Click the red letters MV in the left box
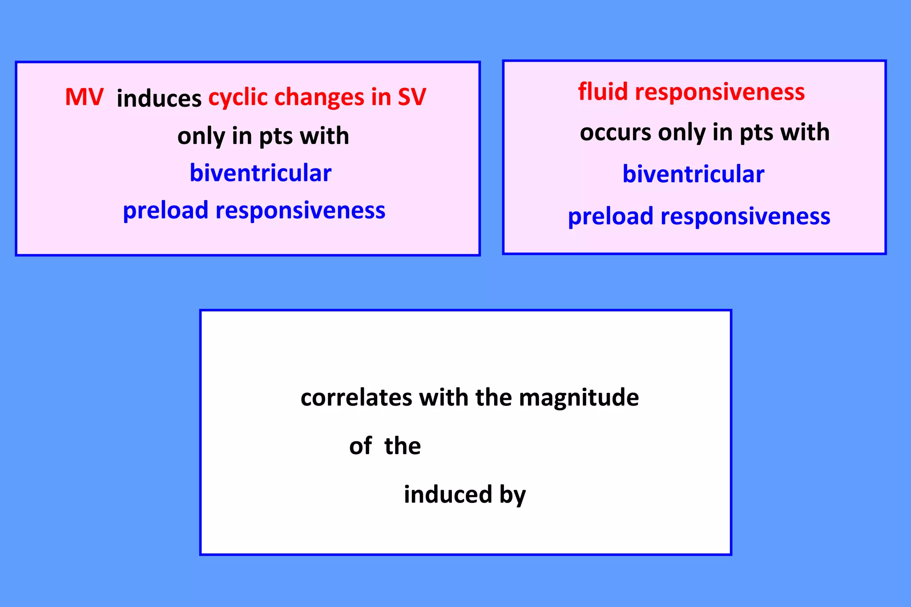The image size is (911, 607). click(x=84, y=97)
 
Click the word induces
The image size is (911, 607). click(x=159, y=98)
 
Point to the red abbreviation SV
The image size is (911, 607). click(x=411, y=97)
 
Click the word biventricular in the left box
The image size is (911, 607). click(x=260, y=173)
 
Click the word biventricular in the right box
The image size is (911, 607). click(x=693, y=174)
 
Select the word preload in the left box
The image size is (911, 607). click(x=165, y=211)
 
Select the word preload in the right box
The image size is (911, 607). click(x=610, y=217)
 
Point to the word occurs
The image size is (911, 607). click(x=615, y=132)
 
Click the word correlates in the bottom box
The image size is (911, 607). click(x=356, y=397)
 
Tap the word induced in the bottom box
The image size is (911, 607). click(x=447, y=494)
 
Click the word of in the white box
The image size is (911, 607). click(x=360, y=446)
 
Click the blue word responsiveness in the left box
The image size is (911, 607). click(x=300, y=210)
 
